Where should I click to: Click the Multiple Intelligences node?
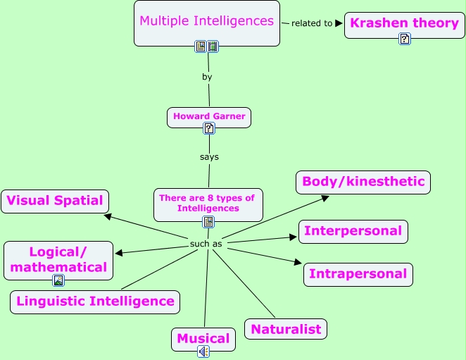click(x=206, y=21)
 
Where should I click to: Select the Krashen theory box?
click(x=404, y=23)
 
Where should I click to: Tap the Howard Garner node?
click(x=209, y=116)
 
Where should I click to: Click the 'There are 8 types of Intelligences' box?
click(x=208, y=203)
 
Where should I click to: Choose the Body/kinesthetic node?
click(x=363, y=182)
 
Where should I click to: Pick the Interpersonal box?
click(x=353, y=231)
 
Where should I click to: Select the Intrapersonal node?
click(x=358, y=274)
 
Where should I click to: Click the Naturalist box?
click(x=286, y=329)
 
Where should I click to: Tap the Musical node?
click(x=203, y=338)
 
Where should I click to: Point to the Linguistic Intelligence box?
click(x=95, y=302)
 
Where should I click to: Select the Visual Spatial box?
click(x=55, y=201)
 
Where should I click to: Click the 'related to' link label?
click(x=311, y=23)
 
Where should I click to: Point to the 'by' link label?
click(x=207, y=77)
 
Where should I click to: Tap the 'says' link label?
click(x=209, y=156)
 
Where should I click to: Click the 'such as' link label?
click(x=206, y=244)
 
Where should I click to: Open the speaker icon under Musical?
click(x=203, y=351)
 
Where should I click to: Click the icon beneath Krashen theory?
click(x=405, y=39)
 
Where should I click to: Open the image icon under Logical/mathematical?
click(x=58, y=280)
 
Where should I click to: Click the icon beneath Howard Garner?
click(x=209, y=128)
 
